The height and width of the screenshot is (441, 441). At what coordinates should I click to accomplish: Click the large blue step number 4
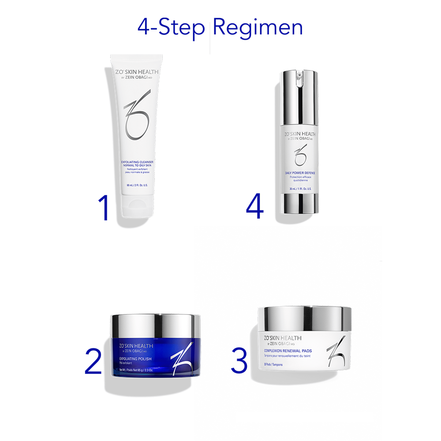click(255, 202)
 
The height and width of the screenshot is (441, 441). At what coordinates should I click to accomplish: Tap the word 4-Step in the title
click(171, 27)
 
